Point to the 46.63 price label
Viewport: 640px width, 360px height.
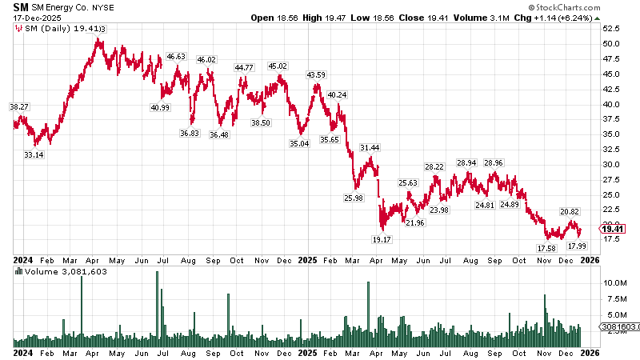[176, 57]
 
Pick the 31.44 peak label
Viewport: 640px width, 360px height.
[370, 148]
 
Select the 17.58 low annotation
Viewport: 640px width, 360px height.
[547, 249]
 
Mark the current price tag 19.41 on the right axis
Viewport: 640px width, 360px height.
[616, 229]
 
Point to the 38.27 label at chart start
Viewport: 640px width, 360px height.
[19, 106]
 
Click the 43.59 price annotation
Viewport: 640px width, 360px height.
[316, 74]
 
